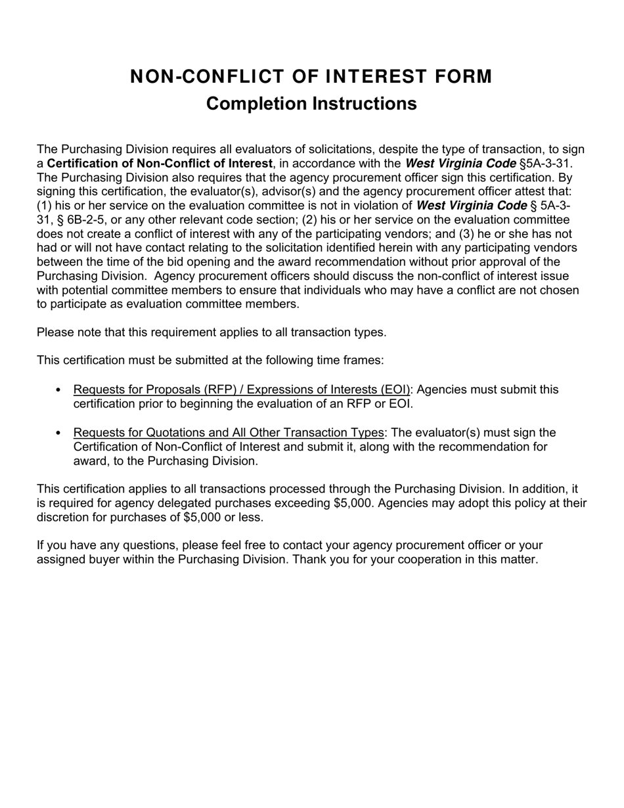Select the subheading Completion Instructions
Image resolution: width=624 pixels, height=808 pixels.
point(311,104)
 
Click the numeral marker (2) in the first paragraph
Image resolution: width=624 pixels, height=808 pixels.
point(309,220)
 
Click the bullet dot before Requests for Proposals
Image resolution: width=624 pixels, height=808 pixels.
point(58,390)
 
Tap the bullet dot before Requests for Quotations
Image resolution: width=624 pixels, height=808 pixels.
point(58,433)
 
